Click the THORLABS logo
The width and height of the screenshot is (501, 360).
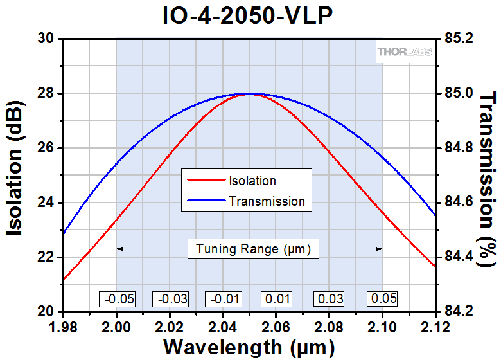pos(405,51)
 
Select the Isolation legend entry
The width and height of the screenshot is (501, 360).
pos(252,181)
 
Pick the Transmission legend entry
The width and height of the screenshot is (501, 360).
pos(267,201)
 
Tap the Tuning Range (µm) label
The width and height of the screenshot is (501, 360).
pos(253,249)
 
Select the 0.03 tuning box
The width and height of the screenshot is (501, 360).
pos(329,299)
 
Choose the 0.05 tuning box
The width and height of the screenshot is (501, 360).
pos(382,299)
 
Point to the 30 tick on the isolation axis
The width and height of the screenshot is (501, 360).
pos(46,39)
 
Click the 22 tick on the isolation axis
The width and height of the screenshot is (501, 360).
pos(46,257)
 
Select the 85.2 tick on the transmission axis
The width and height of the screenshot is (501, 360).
pos(458,39)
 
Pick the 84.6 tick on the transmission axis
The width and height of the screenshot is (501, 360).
pos(458,203)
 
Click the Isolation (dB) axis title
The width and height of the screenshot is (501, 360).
pos(15,175)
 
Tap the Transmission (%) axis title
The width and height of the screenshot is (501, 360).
pos(488,175)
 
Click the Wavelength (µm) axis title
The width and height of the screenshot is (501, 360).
pos(249,347)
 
